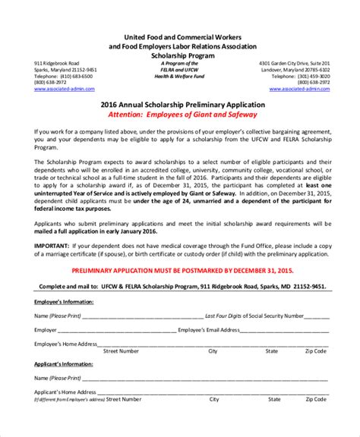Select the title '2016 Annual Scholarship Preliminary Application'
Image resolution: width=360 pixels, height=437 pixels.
[181, 105]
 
